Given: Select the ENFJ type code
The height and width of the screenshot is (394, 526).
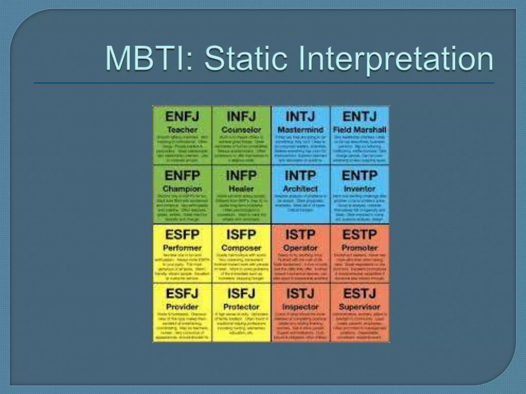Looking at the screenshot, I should click(182, 116).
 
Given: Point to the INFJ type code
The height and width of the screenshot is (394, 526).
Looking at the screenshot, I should click(241, 116).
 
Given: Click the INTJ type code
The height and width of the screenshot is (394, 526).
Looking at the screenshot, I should click(300, 116).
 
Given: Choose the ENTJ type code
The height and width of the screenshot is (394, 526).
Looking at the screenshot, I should click(360, 116).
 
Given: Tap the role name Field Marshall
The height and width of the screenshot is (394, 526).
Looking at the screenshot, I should click(360, 130).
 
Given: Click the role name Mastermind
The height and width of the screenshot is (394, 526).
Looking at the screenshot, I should click(300, 130).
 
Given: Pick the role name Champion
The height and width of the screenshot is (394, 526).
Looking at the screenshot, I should click(182, 189).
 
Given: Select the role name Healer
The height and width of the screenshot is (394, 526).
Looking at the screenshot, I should click(241, 189).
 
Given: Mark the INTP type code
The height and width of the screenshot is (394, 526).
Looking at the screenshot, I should click(300, 176).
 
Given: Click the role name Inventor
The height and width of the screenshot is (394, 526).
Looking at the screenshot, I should click(360, 189).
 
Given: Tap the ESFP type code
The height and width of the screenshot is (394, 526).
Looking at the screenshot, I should click(182, 235).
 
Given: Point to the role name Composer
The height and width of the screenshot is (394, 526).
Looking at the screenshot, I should click(241, 248).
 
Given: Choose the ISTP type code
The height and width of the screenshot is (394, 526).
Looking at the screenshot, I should click(300, 235).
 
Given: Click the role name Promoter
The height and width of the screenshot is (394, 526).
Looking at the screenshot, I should click(360, 248).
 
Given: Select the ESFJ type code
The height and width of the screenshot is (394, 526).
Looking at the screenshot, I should click(182, 294).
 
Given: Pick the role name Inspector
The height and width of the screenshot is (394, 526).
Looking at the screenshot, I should click(300, 307).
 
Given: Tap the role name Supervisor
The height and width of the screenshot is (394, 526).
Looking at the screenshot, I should click(360, 307).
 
